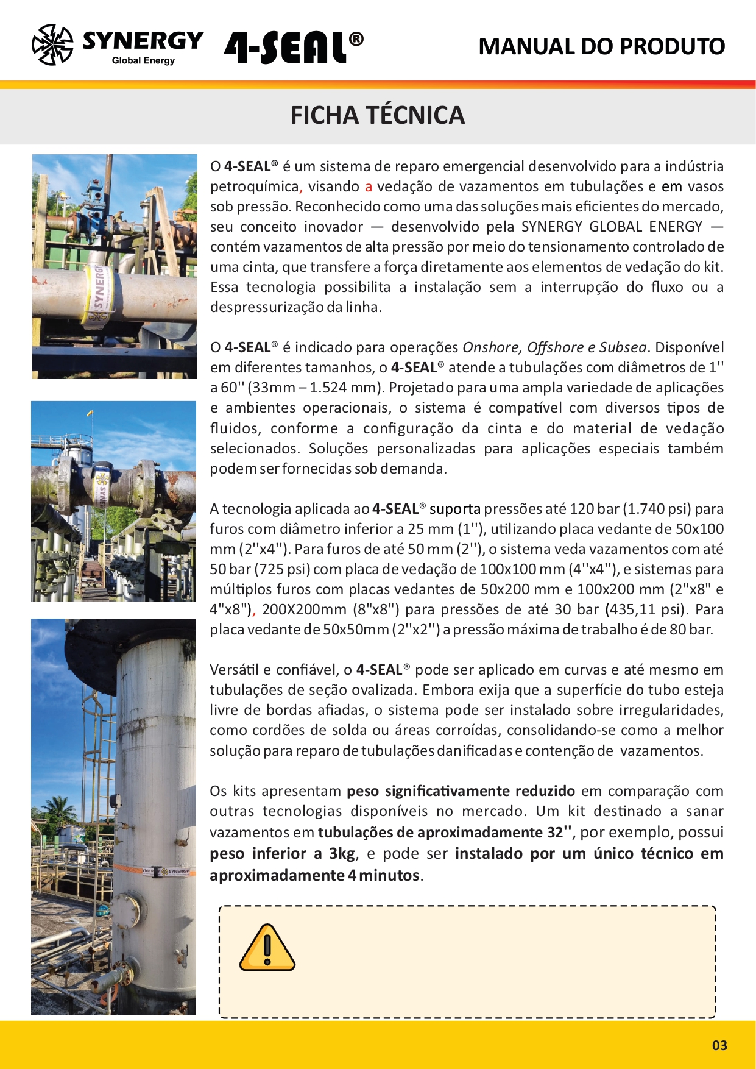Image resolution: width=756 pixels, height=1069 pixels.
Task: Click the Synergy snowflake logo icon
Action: [x=52, y=44]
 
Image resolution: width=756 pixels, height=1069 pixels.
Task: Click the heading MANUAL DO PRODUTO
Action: [x=601, y=46]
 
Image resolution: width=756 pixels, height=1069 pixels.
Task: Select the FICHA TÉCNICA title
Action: [x=377, y=115]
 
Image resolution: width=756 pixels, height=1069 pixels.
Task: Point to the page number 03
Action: [x=719, y=1045]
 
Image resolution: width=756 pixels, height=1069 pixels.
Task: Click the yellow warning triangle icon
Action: [x=267, y=948]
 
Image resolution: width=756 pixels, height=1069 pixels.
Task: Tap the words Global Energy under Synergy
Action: [x=143, y=60]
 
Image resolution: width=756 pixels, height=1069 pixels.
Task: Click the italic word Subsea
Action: [x=623, y=347]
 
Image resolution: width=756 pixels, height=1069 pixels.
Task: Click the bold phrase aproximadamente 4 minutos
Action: [x=314, y=875]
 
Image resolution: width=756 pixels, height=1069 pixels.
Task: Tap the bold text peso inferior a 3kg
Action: [x=282, y=853]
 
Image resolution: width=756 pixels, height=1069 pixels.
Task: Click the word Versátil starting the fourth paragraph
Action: [x=234, y=670]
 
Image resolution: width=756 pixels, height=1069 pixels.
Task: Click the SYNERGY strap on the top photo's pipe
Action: [x=96, y=294]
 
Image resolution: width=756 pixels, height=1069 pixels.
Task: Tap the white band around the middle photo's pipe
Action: [x=101, y=488]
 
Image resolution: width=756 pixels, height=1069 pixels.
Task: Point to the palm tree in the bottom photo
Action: [x=60, y=811]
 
